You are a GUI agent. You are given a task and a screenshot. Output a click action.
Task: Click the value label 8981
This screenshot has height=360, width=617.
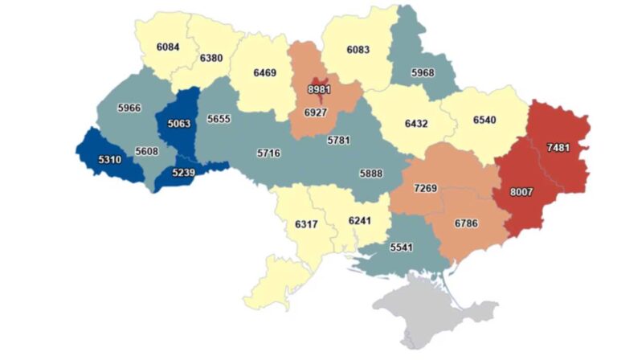coord(319,89)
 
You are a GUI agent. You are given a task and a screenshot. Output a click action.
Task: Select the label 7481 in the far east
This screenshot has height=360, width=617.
coord(561,147)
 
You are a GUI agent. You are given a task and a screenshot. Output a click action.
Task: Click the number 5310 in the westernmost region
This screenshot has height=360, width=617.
coord(109,160)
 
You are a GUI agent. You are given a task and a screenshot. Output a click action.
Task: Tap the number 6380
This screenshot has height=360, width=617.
coord(213,58)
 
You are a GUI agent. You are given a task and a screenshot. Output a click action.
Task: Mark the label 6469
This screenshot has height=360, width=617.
coord(265,73)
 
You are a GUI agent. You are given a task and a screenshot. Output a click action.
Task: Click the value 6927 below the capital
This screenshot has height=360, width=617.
coord(319,113)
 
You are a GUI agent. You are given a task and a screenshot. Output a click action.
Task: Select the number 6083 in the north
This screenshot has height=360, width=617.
coord(358,50)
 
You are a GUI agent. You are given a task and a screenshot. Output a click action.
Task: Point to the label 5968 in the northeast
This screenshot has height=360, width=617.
coord(423,73)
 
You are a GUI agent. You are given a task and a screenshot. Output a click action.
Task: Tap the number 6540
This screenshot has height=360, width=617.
coord(484,120)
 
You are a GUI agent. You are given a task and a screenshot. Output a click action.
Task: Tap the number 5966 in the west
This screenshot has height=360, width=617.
coord(129,108)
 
